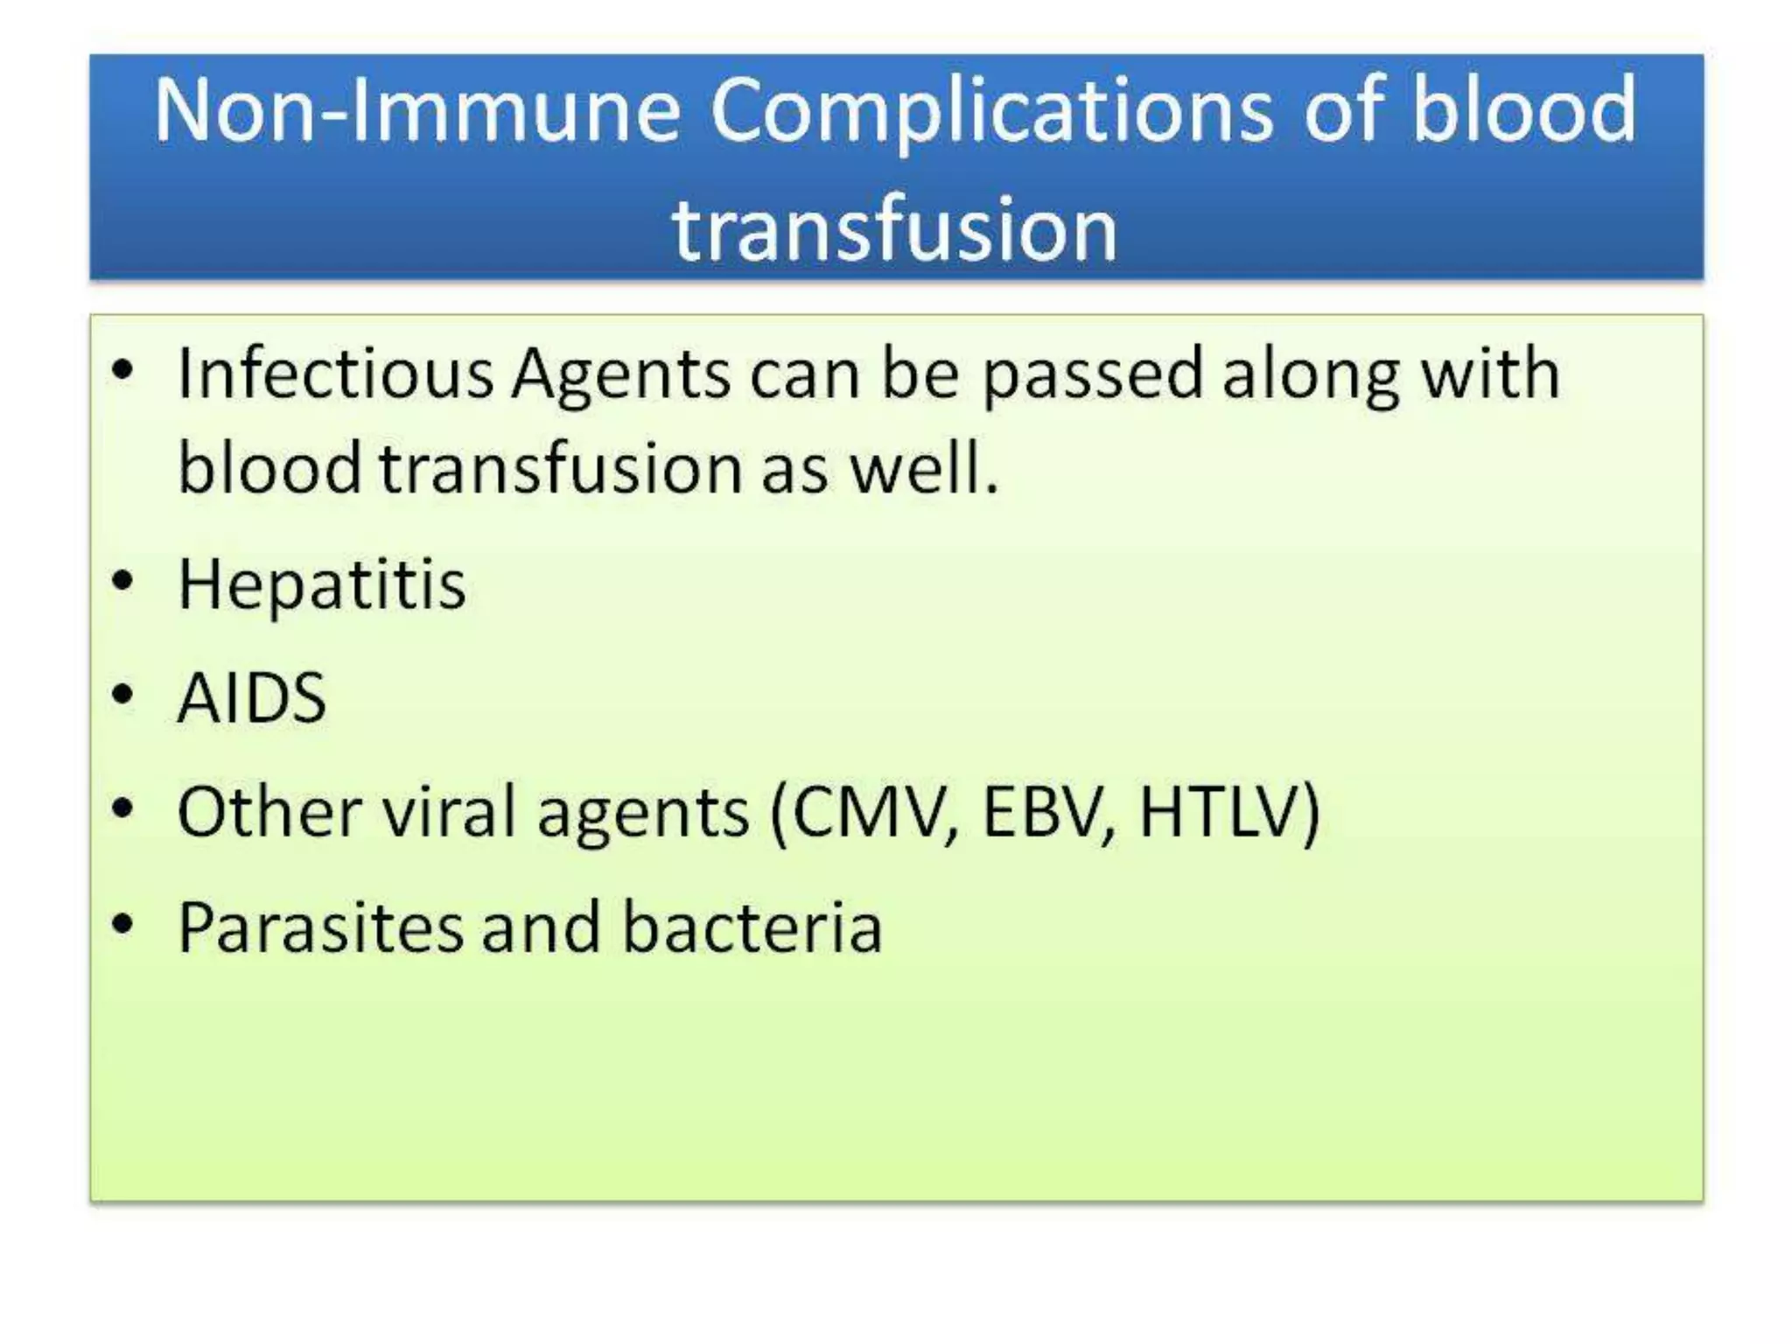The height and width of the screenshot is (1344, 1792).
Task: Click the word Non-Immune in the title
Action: pyautogui.click(x=416, y=110)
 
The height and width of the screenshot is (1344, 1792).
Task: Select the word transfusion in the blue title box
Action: pyautogui.click(x=894, y=229)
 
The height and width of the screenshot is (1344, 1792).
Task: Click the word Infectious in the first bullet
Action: pyautogui.click(x=335, y=374)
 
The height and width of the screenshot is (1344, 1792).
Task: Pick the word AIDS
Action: pyautogui.click(x=252, y=698)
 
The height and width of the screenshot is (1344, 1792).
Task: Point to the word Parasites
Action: pyautogui.click(x=320, y=927)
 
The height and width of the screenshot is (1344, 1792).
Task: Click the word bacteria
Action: pyautogui.click(x=752, y=927)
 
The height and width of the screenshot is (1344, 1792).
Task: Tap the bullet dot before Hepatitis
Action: pyautogui.click(x=123, y=580)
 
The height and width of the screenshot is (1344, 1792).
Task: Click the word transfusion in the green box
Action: pyautogui.click(x=561, y=469)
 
